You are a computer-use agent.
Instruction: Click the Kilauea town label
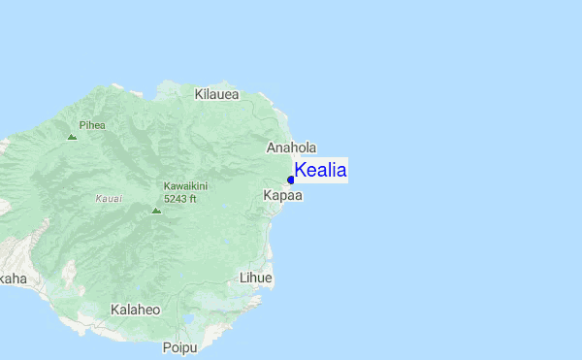(216, 94)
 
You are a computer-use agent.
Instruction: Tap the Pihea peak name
(92, 125)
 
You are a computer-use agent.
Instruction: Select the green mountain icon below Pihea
(72, 137)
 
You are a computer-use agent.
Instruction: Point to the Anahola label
(291, 147)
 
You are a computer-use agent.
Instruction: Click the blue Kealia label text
(320, 171)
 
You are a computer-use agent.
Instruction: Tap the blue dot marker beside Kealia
(291, 180)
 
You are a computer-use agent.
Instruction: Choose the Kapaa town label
(283, 195)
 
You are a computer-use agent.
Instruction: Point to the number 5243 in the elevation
(175, 198)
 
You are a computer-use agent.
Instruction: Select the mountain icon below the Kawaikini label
(155, 209)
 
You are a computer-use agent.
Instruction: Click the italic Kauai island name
(109, 198)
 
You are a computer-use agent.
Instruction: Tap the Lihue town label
(256, 278)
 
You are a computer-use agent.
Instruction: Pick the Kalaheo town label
(135, 310)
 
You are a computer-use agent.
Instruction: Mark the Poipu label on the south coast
(179, 347)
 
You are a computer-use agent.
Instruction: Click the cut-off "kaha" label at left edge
(13, 278)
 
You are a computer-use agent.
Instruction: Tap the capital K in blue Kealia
(301, 171)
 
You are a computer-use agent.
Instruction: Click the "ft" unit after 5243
(192, 198)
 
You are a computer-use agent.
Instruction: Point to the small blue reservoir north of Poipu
(188, 317)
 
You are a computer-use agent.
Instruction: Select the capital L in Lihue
(242, 278)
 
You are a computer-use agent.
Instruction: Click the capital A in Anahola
(272, 147)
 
